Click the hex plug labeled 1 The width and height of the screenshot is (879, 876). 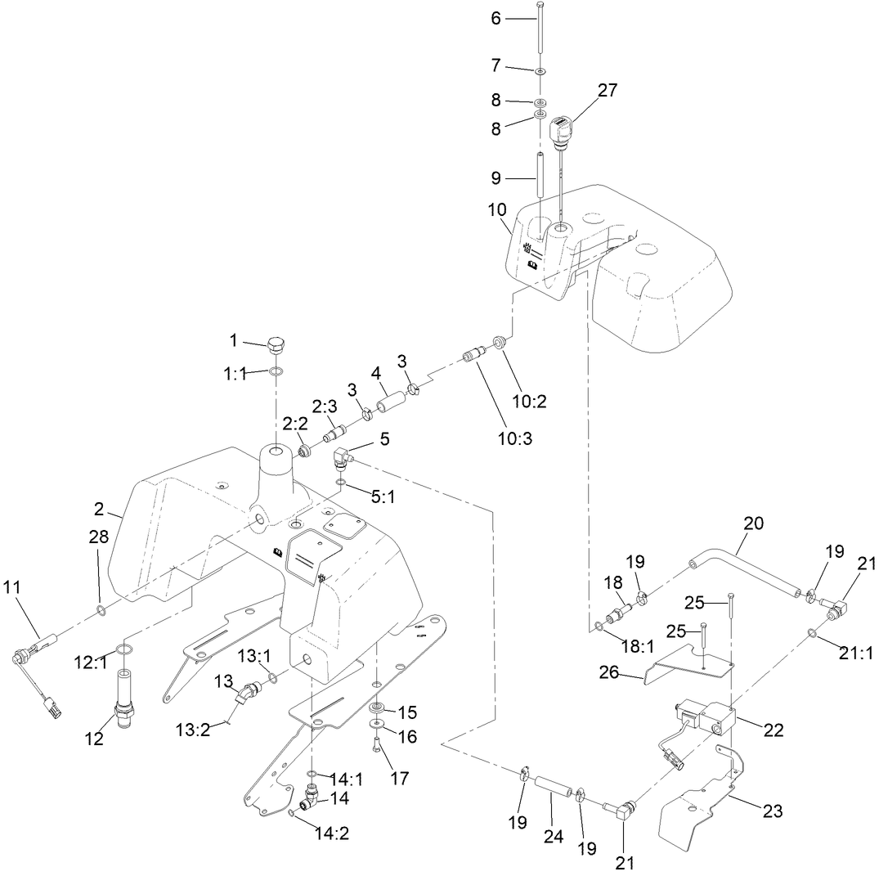(x=278, y=344)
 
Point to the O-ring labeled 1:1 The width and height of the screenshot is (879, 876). (x=277, y=373)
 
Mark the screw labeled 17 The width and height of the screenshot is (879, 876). (x=375, y=746)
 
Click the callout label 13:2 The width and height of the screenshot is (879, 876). (x=193, y=730)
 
